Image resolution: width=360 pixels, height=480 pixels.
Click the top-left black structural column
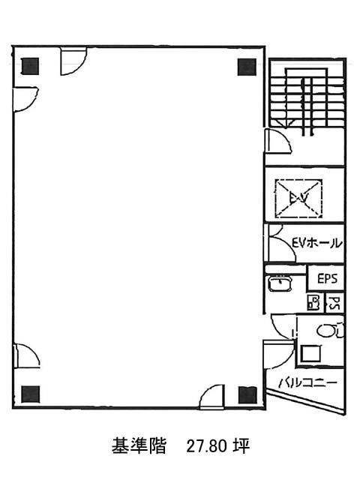tap(30, 67)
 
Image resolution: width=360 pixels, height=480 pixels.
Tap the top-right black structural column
tap(247, 67)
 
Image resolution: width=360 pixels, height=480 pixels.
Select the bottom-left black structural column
tap(30, 394)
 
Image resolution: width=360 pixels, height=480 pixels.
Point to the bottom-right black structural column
tap(247, 395)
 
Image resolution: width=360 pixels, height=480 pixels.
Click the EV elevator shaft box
tap(298, 198)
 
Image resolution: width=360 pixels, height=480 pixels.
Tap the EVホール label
tap(316, 243)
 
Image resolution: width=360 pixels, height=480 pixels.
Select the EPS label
tap(327, 278)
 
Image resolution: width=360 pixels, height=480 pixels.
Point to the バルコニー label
tap(307, 382)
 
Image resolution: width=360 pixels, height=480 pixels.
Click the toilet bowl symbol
tap(330, 330)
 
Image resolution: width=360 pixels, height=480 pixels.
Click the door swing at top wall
tap(73, 61)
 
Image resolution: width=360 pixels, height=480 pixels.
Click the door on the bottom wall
tap(211, 397)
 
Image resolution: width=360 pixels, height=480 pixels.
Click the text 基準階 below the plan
tap(139, 446)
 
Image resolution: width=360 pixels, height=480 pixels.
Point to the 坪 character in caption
tap(241, 446)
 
